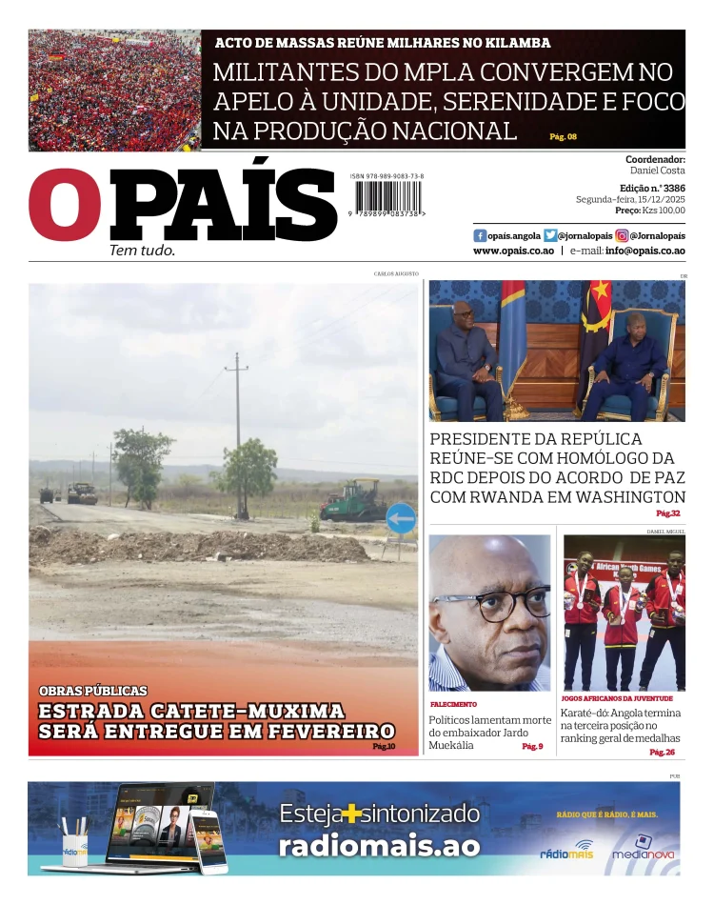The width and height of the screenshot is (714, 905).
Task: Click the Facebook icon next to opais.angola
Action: [480, 235]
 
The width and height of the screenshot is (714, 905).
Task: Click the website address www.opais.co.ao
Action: [513, 251]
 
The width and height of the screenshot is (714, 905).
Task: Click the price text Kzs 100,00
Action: [664, 211]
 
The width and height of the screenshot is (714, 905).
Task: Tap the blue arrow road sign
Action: [401, 519]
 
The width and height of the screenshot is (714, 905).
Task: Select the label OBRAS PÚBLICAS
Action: [93, 691]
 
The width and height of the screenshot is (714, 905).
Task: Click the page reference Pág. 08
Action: [563, 137]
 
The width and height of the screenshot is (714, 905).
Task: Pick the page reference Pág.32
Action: [668, 513]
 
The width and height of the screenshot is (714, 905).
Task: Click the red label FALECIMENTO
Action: [453, 704]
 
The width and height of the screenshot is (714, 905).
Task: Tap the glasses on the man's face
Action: [492, 605]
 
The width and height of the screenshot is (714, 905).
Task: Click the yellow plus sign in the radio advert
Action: [354, 814]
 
